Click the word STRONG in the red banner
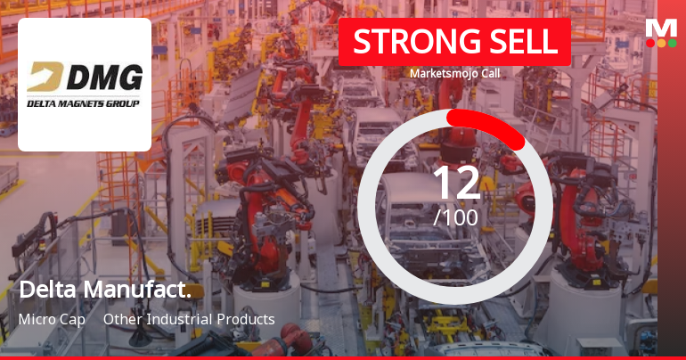405,42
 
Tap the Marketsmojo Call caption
454,74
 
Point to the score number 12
455,183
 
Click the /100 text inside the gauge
455,217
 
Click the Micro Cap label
52,319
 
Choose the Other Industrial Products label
189,319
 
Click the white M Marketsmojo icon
661,26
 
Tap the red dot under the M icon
650,42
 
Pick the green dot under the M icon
672,42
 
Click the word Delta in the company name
48,290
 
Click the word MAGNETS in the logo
85,104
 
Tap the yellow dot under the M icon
661,42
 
